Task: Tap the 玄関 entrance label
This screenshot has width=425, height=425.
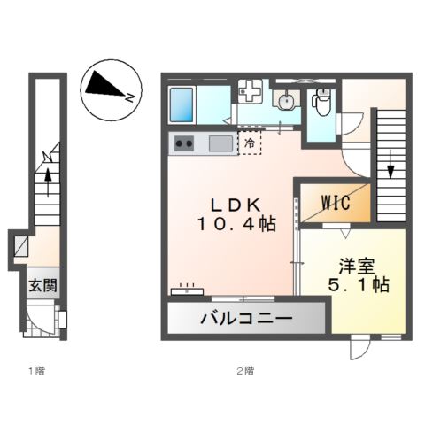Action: [x=41, y=285]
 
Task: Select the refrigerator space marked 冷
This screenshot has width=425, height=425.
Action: [x=251, y=143]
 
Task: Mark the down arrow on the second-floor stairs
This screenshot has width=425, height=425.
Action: [x=389, y=161]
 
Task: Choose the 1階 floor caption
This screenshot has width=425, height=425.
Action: [x=35, y=370]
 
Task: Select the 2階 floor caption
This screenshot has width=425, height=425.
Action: [x=246, y=370]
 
